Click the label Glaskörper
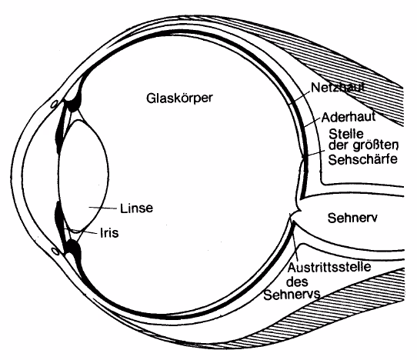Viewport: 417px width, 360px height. coord(179,98)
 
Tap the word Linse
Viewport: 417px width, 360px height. coord(136,208)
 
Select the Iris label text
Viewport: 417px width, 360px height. coord(109,233)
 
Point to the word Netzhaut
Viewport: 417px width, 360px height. coord(338,88)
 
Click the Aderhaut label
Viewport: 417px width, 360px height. coord(349,117)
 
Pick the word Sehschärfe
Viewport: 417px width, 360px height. coord(362,159)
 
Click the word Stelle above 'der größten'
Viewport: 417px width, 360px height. coord(346,134)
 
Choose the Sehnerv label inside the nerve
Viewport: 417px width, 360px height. coord(352,218)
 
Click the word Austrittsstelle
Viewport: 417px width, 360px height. coord(329,267)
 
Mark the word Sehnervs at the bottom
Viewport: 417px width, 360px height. coord(292,295)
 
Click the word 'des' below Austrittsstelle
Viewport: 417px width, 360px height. coord(298,282)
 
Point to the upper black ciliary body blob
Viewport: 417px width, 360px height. coord(74,103)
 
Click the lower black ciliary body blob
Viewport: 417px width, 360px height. coord(74,250)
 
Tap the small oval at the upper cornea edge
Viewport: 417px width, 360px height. coord(55,104)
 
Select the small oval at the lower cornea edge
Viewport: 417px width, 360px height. coord(55,251)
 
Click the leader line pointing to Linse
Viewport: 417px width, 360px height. coord(102,208)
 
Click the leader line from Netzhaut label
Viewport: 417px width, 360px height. coord(300,98)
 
